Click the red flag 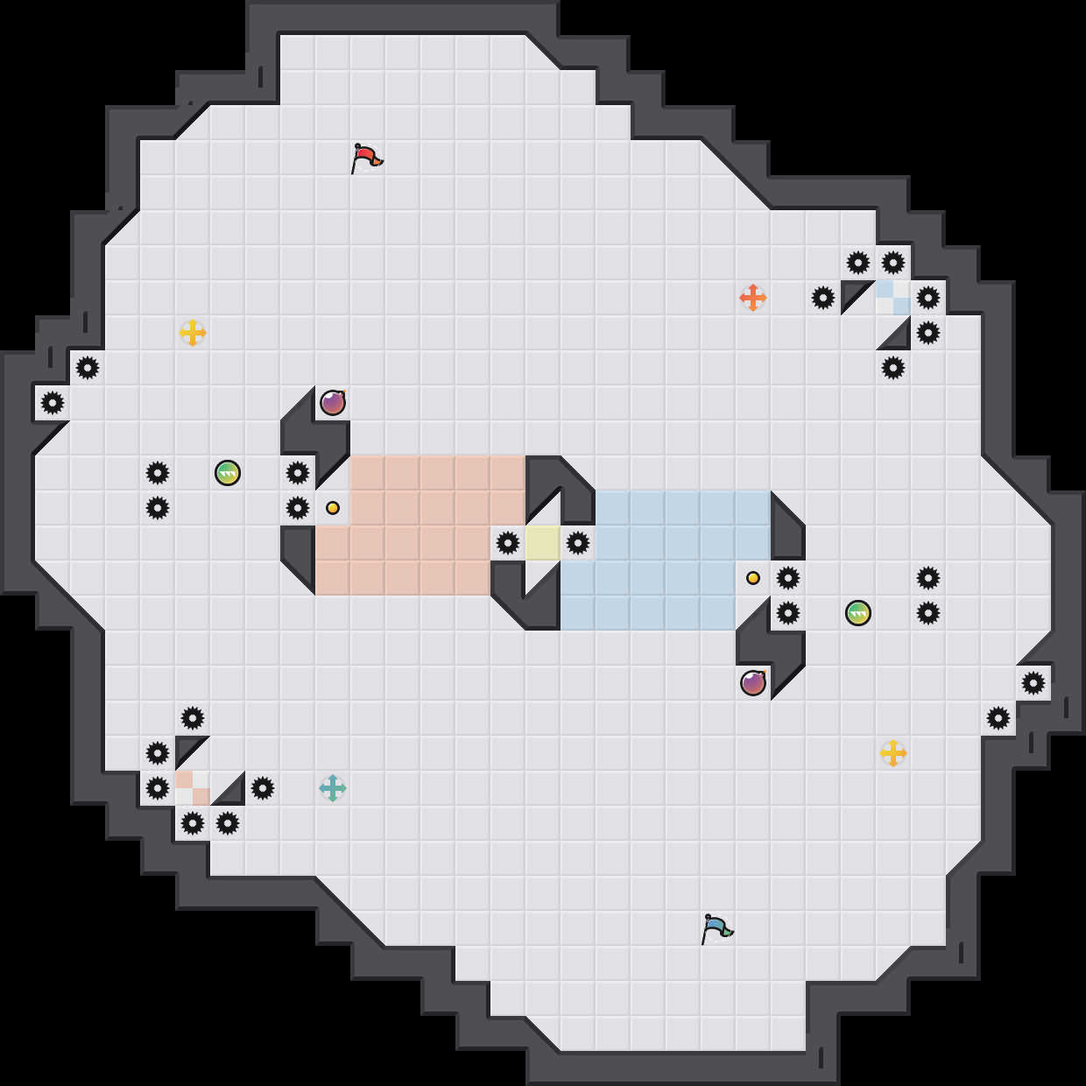click(366, 159)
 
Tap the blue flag click(716, 928)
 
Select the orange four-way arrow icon click(753, 298)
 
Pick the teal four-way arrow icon click(333, 788)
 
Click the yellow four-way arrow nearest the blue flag click(893, 753)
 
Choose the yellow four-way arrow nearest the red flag click(193, 333)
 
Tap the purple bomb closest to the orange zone click(333, 403)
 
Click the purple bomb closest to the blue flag click(753, 683)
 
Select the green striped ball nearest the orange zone click(228, 473)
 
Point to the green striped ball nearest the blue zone click(858, 613)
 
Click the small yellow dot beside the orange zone click(333, 508)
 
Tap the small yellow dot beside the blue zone click(753, 578)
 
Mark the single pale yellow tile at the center click(543, 543)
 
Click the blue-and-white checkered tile click(893, 298)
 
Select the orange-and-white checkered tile click(193, 788)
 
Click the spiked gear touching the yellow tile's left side click(508, 543)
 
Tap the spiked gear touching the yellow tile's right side click(578, 543)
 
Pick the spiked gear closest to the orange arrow click(823, 298)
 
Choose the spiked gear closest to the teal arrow click(263, 788)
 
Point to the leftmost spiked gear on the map click(53, 403)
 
